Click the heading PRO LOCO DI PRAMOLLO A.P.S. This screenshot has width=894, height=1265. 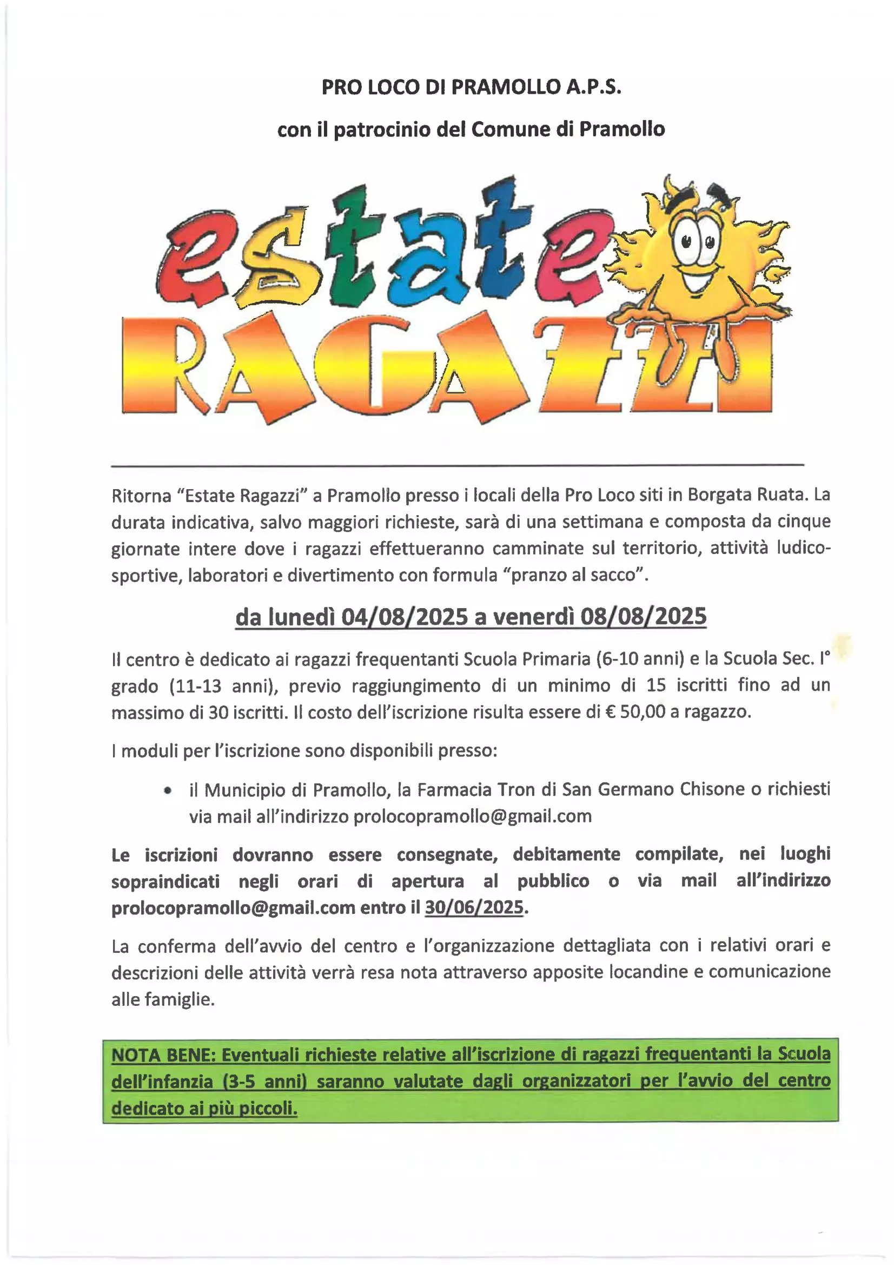pyautogui.click(x=471, y=87)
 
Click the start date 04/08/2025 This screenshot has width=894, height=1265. pyautogui.click(x=405, y=616)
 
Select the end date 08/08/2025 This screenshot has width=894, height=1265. pyautogui.click(x=643, y=616)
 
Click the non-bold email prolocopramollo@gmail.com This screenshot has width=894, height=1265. pyautogui.click(x=472, y=816)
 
